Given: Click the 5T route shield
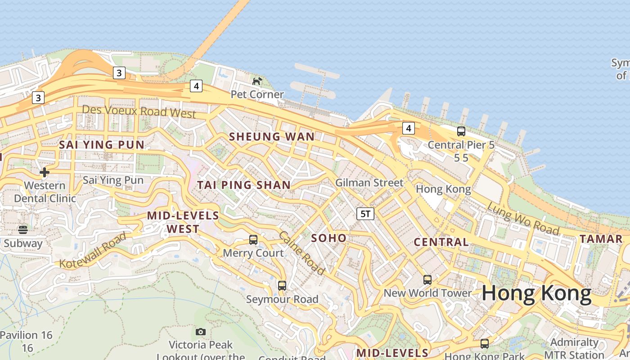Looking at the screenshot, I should point(365,214).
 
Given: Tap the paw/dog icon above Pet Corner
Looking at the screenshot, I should point(257,81).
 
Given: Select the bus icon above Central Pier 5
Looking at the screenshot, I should point(461,131).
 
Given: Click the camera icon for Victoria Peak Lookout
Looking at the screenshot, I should point(201,332).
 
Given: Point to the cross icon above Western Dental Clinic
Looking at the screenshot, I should point(45,172).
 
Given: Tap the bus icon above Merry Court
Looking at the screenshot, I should point(253,239).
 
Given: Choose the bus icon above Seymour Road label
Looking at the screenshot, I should point(282,285).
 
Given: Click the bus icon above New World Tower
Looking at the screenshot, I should point(427,280).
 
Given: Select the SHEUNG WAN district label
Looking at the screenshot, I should point(272,137).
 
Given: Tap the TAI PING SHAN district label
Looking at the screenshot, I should point(244,185).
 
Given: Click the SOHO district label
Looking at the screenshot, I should point(329,238).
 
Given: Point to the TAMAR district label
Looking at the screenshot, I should point(601,239).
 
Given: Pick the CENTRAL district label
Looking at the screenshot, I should point(441,242).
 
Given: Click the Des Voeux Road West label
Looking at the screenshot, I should point(139,111).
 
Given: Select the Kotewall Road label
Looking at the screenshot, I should point(93,251).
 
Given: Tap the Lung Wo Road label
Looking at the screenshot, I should point(523,219).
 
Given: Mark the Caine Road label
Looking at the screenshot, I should point(301,253).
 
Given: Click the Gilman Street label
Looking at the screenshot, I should point(369,183).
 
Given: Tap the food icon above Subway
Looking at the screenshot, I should point(23,230).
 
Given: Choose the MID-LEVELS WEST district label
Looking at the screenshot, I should point(183,222).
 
